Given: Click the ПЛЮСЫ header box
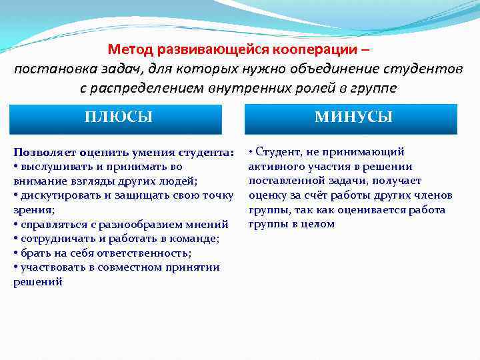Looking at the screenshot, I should click(118, 118).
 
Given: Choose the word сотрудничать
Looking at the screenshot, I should click(55, 239).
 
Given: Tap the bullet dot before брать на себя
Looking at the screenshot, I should click(15, 253).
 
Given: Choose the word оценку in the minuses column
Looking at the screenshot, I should click(265, 195).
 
